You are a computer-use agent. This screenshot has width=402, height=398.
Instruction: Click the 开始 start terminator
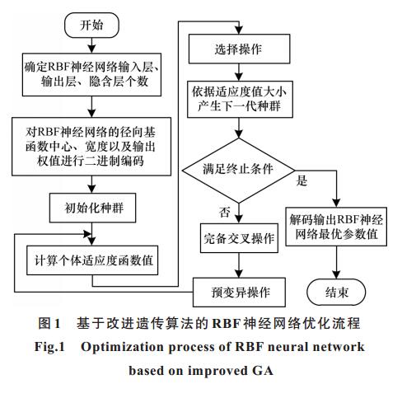click(x=91, y=25)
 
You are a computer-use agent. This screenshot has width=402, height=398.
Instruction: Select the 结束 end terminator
click(x=336, y=292)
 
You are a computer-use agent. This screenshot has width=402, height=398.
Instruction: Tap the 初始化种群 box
click(x=92, y=208)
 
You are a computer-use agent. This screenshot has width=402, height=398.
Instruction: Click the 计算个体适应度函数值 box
click(x=92, y=260)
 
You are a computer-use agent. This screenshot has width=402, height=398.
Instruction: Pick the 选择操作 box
click(x=239, y=49)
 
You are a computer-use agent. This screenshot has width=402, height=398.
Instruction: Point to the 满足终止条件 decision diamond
click(x=239, y=171)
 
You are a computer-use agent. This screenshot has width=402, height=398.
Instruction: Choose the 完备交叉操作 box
click(x=239, y=238)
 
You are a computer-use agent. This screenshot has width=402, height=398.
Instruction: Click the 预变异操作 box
click(x=239, y=292)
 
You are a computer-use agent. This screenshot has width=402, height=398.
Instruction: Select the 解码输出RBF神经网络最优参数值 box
click(x=336, y=227)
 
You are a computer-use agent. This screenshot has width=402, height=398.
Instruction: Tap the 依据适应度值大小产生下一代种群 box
click(x=240, y=99)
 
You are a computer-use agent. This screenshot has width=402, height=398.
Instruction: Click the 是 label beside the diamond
click(x=301, y=180)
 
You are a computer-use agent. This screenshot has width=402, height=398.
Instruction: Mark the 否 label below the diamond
click(x=224, y=212)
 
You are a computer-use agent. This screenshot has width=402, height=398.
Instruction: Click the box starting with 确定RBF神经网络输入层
click(x=91, y=74)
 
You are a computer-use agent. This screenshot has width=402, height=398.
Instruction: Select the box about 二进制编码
click(x=91, y=147)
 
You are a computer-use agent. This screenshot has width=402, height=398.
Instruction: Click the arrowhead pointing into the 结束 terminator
click(x=336, y=274)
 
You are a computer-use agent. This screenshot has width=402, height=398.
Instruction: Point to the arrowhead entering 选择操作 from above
click(x=239, y=30)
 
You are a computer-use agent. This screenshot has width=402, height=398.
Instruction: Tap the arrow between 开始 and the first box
click(x=91, y=45)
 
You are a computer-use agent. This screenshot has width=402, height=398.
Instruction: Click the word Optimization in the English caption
click(x=122, y=347)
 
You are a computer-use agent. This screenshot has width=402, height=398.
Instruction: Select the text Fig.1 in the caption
click(x=49, y=347)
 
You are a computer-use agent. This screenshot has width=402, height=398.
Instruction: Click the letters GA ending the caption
click(x=263, y=371)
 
